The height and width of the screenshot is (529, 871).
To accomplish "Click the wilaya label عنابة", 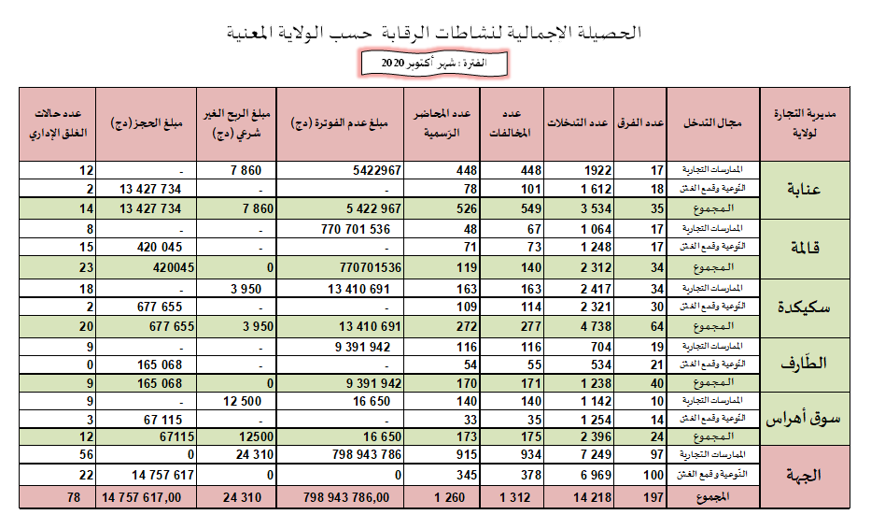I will click(806, 191).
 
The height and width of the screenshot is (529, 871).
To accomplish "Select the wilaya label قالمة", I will click(806, 249).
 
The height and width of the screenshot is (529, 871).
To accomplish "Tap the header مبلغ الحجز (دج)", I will click(148, 123).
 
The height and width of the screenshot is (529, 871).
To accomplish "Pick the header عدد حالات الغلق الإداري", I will click(58, 123).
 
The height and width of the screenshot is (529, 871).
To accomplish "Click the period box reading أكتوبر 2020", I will click(436, 63).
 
